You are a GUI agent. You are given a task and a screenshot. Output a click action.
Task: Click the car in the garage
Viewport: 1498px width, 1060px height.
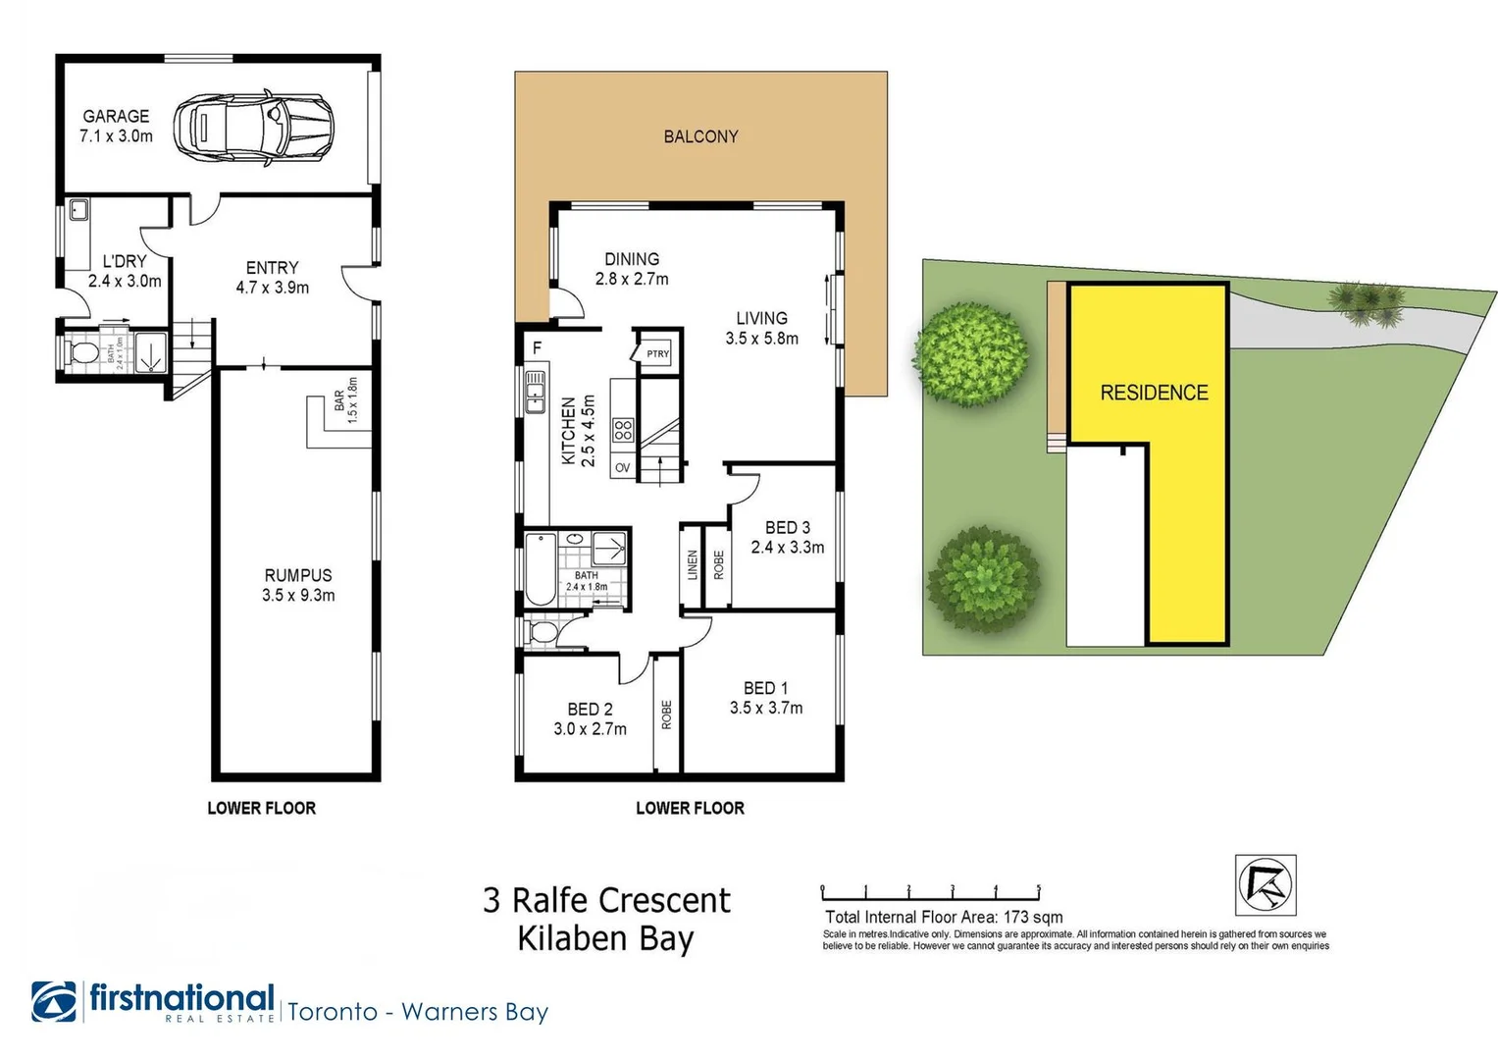(x=253, y=128)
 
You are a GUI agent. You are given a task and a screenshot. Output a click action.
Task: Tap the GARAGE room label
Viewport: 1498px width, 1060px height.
(x=116, y=116)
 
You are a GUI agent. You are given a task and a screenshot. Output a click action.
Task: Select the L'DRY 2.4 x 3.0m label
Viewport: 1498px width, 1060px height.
(x=124, y=271)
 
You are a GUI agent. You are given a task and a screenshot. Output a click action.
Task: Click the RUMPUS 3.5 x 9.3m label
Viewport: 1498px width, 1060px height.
(x=298, y=585)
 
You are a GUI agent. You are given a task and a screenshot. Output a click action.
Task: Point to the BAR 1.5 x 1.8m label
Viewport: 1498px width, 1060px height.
(x=345, y=399)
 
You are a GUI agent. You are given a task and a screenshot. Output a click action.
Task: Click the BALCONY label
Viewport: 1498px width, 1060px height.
(x=700, y=136)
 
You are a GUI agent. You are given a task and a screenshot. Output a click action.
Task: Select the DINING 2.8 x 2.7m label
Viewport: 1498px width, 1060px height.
(x=632, y=269)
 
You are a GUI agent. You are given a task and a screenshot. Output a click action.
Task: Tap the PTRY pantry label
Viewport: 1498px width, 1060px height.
(x=657, y=354)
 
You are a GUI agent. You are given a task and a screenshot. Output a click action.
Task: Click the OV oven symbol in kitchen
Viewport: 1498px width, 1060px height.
(x=622, y=468)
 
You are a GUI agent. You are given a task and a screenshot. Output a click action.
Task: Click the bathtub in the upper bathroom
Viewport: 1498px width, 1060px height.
(x=541, y=569)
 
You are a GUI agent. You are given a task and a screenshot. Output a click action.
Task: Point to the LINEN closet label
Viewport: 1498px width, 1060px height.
(x=692, y=565)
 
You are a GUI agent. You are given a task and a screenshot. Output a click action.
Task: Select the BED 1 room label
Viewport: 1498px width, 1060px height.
(x=765, y=689)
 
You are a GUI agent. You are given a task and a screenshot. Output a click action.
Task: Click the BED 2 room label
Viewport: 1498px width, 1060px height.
(x=590, y=709)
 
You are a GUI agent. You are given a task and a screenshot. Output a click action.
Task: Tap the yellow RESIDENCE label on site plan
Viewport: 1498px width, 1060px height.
(x=1154, y=393)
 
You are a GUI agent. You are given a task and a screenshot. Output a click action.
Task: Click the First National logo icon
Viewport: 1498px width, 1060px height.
(x=54, y=1001)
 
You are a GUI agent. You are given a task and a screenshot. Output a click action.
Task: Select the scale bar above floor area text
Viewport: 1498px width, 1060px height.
(x=930, y=893)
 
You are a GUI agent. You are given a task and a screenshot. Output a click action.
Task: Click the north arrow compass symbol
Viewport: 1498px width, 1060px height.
(x=1265, y=884)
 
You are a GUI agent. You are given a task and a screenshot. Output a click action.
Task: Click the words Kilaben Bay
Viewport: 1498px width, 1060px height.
(x=605, y=938)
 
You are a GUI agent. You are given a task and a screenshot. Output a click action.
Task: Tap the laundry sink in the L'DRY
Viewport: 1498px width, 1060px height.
(x=78, y=210)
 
